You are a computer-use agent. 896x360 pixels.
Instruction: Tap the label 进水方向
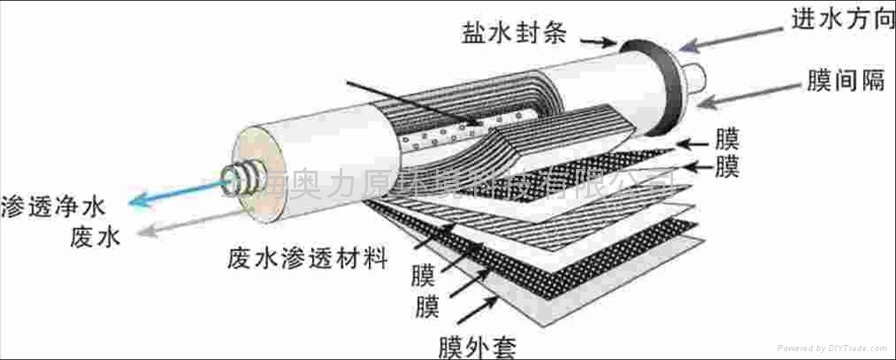[x=847, y=23]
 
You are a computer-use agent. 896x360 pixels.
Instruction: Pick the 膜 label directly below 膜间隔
[x=727, y=139]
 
